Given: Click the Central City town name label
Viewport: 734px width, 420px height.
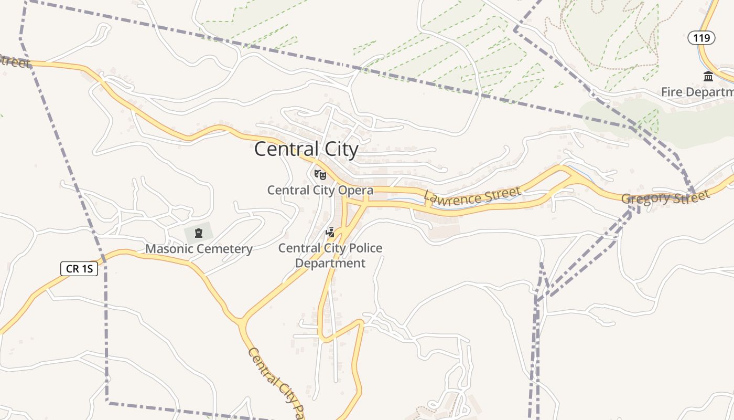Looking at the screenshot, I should [306, 149].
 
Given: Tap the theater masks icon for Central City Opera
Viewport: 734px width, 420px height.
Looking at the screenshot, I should [320, 174].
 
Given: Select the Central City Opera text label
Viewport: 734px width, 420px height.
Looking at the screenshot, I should [320, 190].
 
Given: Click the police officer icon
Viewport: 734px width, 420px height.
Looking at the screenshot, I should [330, 232].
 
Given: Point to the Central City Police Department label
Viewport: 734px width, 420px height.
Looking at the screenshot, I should [330, 255].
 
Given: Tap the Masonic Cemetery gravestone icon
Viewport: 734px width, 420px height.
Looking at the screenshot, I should [199, 233].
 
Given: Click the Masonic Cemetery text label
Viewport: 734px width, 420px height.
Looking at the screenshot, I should [199, 249].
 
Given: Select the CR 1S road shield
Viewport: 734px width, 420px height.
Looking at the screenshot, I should [79, 269].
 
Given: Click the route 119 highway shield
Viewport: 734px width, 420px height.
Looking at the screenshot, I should [701, 38].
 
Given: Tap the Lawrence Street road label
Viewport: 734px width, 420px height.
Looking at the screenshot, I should [472, 196].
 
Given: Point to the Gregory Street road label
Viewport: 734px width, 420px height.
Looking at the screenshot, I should [665, 197].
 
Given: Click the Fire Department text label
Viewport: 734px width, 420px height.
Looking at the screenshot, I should [697, 92].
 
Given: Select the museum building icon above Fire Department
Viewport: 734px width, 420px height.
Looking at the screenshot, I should [708, 77].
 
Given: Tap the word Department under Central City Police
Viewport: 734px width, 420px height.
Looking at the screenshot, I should [330, 263].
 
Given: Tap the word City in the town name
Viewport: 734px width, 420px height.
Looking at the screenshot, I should [341, 149].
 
